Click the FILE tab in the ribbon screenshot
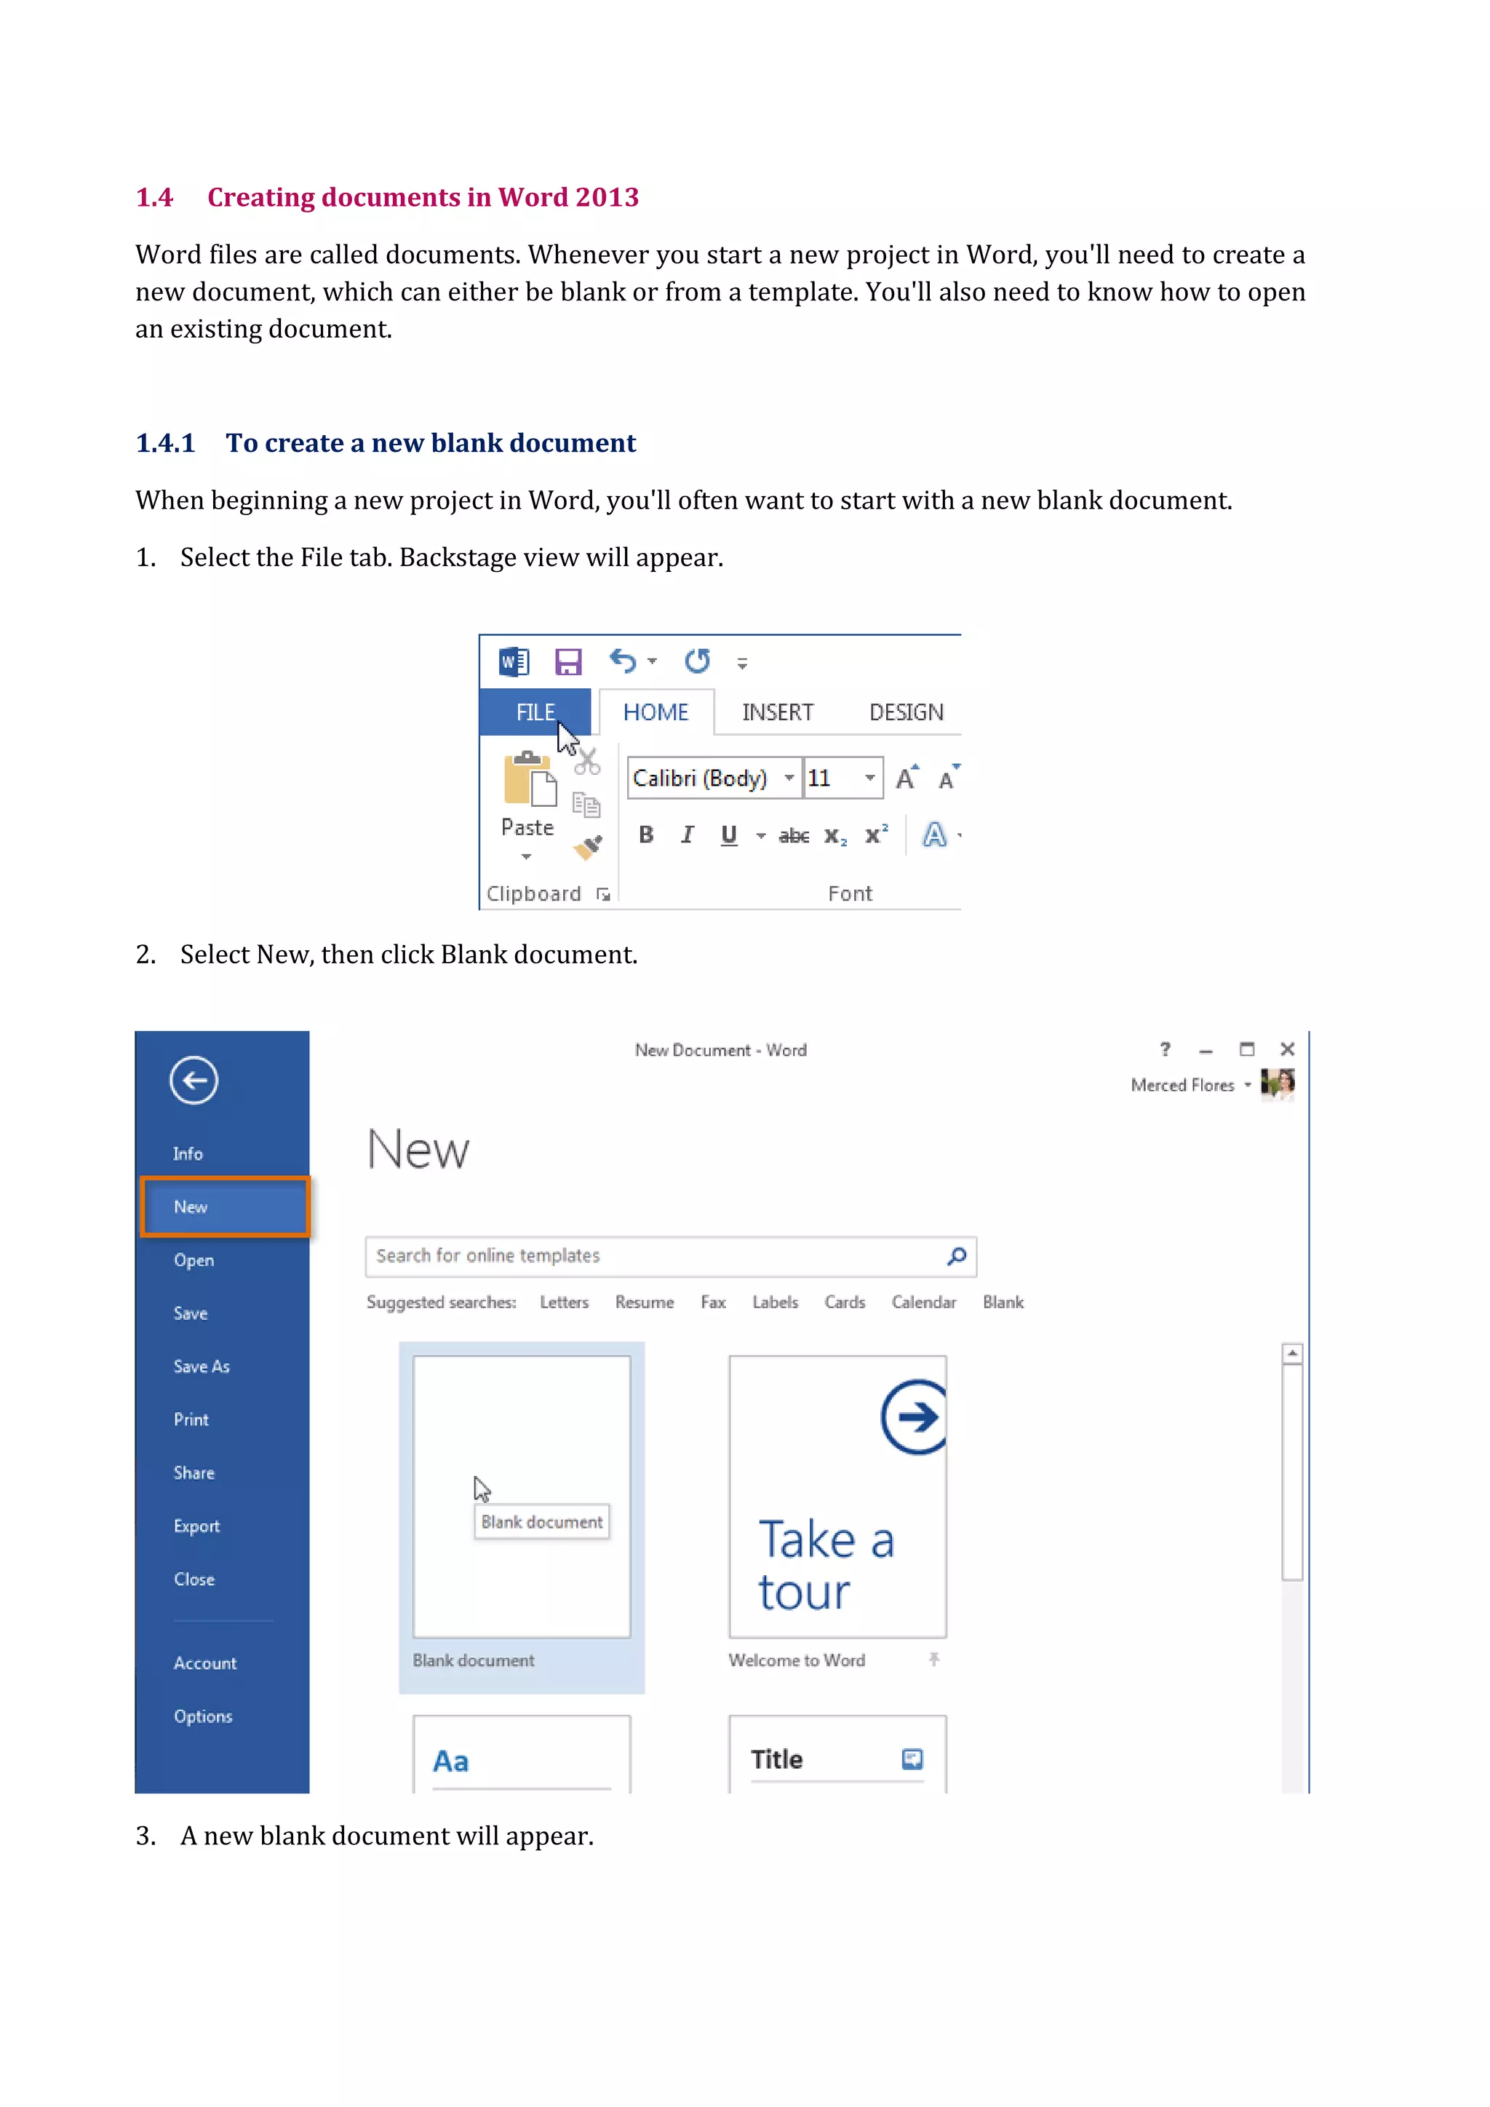(x=535, y=712)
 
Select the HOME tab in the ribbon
(x=655, y=712)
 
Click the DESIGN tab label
(x=906, y=712)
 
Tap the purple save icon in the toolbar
(x=568, y=661)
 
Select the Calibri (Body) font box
(x=701, y=778)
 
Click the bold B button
(x=646, y=835)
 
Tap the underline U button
(x=728, y=835)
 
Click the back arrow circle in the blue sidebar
(x=194, y=1080)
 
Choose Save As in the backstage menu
(x=202, y=1366)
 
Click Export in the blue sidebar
(x=196, y=1526)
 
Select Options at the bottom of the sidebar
(x=203, y=1716)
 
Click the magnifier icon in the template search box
(x=957, y=1255)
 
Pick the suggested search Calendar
(x=923, y=1302)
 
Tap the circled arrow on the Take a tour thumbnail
(x=914, y=1417)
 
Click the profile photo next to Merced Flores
(x=1277, y=1084)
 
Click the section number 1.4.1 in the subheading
(x=165, y=443)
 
